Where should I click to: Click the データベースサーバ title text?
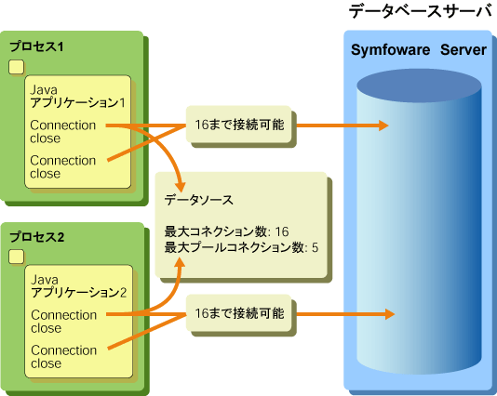[421, 12]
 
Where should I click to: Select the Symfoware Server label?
[419, 50]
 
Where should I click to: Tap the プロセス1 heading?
[36, 46]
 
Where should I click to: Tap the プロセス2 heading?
[37, 237]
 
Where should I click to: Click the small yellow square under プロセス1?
[16, 67]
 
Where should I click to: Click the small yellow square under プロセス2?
[16, 257]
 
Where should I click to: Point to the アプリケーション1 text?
[77, 103]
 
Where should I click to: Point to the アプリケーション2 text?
[78, 293]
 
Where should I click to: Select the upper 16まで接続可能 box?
[238, 124]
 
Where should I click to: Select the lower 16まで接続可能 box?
[238, 313]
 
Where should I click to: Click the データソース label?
[199, 200]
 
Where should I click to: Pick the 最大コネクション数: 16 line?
[226, 231]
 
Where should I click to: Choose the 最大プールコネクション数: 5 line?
[241, 247]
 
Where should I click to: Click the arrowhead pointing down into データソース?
[181, 187]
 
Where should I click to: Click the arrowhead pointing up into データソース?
[181, 262]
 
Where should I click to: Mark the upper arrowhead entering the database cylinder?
[383, 125]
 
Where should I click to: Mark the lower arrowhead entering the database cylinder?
[389, 314]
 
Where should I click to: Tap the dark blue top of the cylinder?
[419, 86]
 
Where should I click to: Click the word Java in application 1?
[44, 90]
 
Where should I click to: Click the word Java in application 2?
[45, 280]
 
